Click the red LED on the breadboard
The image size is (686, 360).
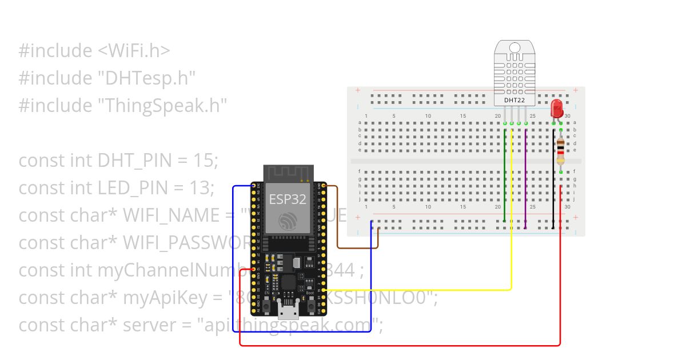(x=556, y=109)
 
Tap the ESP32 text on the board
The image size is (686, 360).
(x=288, y=199)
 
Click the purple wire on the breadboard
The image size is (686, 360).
(x=525, y=177)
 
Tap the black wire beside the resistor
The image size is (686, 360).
(x=553, y=189)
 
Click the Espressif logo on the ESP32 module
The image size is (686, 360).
(x=288, y=222)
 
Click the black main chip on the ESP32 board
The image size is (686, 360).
(x=287, y=283)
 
